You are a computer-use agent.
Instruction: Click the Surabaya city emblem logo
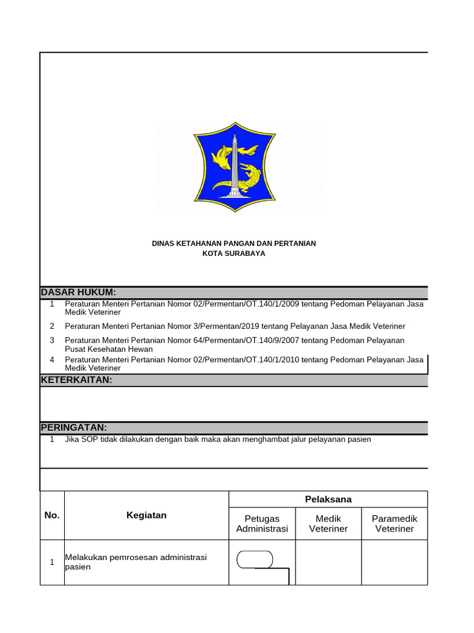coord(235,167)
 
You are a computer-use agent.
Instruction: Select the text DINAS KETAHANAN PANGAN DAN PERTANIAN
coord(234,244)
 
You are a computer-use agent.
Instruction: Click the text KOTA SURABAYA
coord(234,253)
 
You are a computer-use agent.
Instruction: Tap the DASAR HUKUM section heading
coord(78,292)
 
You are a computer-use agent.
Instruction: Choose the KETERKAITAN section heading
coord(77,380)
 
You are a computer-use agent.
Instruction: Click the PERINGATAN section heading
coord(74,428)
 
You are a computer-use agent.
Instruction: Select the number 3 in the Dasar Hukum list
coord(52,341)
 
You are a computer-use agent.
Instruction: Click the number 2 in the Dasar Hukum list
coord(52,326)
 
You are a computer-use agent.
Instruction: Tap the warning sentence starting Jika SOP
coord(218,440)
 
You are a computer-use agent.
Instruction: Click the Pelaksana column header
coord(328,499)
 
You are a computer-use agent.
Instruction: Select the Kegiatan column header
coord(146,516)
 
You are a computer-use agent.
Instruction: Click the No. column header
coord(52,516)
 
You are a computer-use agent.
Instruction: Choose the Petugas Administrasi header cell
coord(262,524)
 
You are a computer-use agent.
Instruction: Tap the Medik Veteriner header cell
coord(328,524)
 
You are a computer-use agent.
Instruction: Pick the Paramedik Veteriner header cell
coord(394,524)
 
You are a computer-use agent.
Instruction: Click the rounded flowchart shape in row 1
coord(255,559)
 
